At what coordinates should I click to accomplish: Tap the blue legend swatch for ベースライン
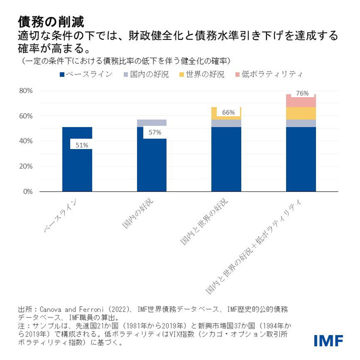62,75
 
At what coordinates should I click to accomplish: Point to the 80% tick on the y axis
25,91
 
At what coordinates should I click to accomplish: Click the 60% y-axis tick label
25,116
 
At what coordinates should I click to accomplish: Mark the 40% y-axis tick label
25,141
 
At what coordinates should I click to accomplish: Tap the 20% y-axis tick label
25,166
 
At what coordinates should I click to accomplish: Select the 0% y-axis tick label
27,191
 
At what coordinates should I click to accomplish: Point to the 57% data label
154,132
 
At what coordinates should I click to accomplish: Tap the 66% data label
228,112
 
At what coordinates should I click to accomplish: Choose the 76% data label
302,93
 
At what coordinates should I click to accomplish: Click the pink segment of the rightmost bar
300,102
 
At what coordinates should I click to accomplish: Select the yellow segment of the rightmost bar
300,113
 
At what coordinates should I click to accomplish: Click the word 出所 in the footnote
24,308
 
